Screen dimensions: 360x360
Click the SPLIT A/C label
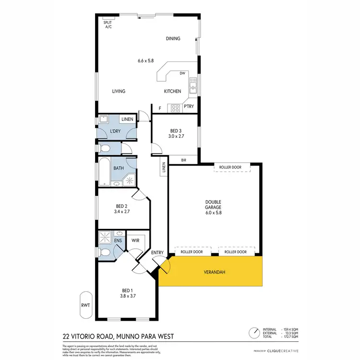(x=108, y=24)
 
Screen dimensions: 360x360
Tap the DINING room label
(x=173, y=39)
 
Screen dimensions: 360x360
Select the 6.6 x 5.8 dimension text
(x=145, y=60)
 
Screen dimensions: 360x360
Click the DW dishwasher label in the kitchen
(x=182, y=73)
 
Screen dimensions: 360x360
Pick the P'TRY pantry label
(x=189, y=107)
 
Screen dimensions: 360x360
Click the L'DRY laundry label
(x=115, y=131)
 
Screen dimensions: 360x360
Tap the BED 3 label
(x=177, y=130)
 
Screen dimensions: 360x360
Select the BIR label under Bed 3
(x=184, y=160)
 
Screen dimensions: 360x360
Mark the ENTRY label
(x=157, y=252)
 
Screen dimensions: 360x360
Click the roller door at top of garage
(x=234, y=168)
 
